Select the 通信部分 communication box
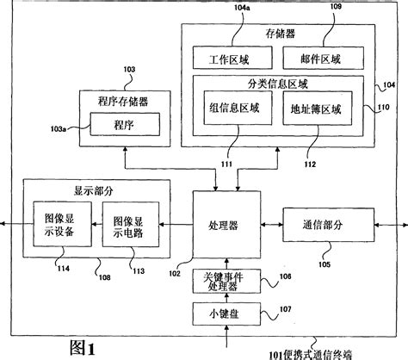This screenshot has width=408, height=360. tap(323, 225)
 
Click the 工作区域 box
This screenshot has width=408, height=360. tap(232, 58)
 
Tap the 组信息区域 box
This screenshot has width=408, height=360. tap(236, 112)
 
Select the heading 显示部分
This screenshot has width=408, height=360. tap(77, 189)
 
